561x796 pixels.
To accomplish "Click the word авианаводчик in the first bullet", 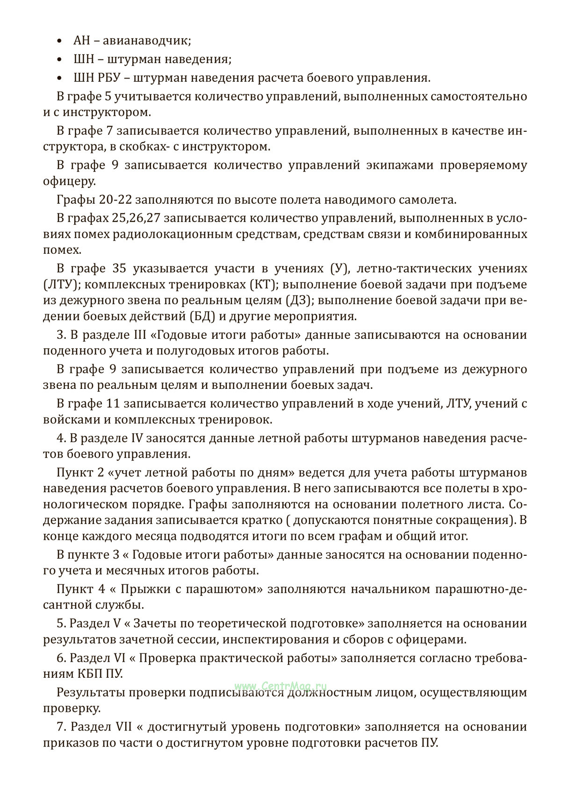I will [x=146, y=41].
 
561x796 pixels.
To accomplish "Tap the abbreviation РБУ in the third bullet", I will [x=111, y=78].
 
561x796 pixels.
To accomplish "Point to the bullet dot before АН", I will [x=59, y=41].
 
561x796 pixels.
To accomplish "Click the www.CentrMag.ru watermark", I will [x=280, y=686].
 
